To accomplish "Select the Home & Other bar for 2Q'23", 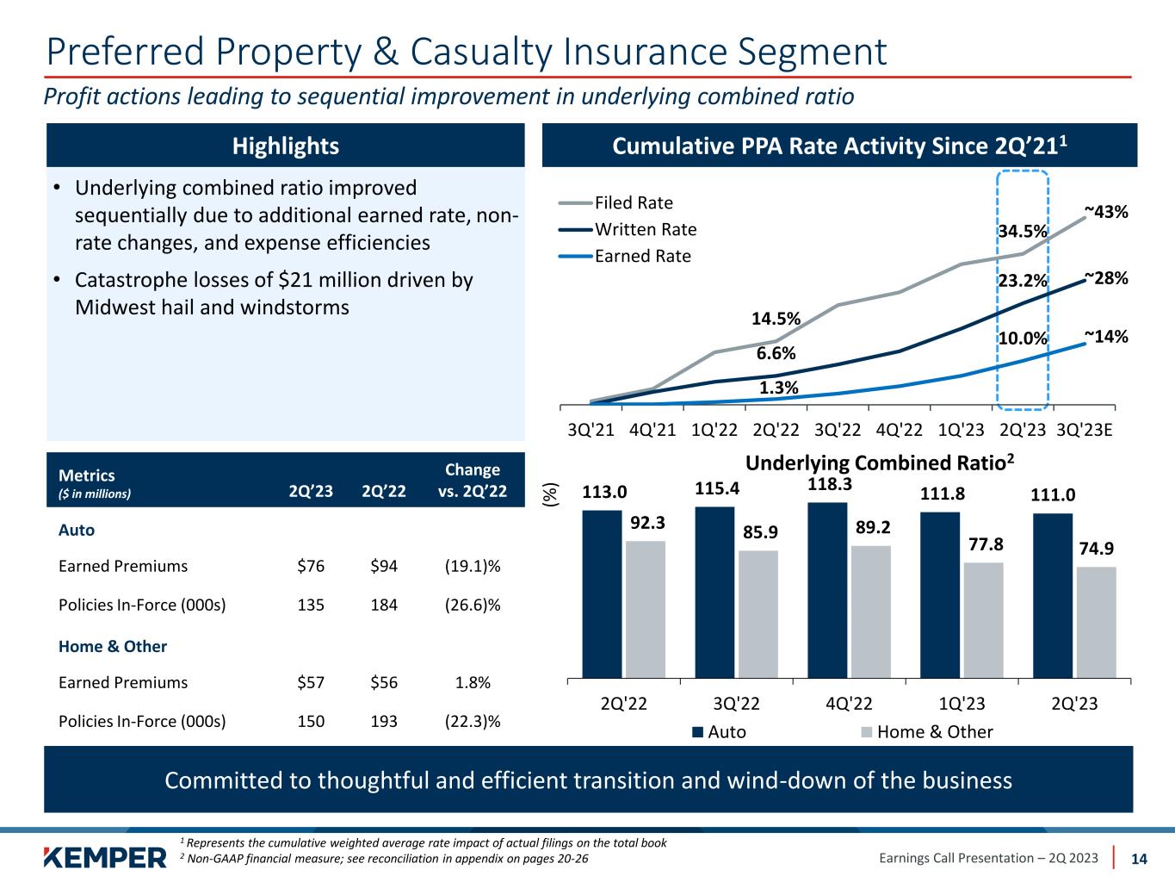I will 1096,622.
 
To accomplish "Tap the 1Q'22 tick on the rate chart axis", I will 714,429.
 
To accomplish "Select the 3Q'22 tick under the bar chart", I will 737,704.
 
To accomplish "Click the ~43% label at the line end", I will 1106,211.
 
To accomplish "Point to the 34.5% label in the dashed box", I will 1023,231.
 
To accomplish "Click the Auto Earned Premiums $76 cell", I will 310,566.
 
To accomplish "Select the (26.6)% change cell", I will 473,605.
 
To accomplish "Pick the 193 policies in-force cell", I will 383,721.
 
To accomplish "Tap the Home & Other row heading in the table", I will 113,646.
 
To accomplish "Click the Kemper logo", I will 105,857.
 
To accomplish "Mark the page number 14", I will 1138,859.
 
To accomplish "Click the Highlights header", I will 286,146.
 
